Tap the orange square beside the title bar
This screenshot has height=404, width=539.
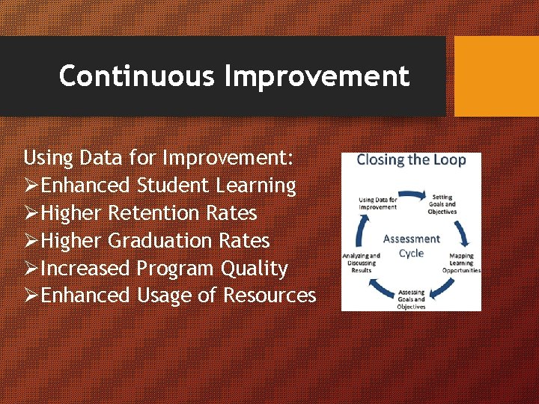click(x=496, y=76)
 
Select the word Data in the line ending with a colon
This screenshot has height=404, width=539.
click(x=97, y=158)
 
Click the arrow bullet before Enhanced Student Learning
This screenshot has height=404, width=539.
click(x=31, y=186)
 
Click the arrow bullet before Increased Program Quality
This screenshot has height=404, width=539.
click(x=31, y=269)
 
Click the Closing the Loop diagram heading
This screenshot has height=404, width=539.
click(x=411, y=160)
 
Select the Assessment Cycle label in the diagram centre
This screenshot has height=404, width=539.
click(x=411, y=245)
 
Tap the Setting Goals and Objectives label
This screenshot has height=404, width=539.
click(x=442, y=204)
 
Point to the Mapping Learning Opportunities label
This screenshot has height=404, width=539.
click(x=461, y=263)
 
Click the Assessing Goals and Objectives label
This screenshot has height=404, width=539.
click(x=411, y=299)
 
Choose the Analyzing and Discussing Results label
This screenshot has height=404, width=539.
click(x=362, y=263)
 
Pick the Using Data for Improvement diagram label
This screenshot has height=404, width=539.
click(x=378, y=204)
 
